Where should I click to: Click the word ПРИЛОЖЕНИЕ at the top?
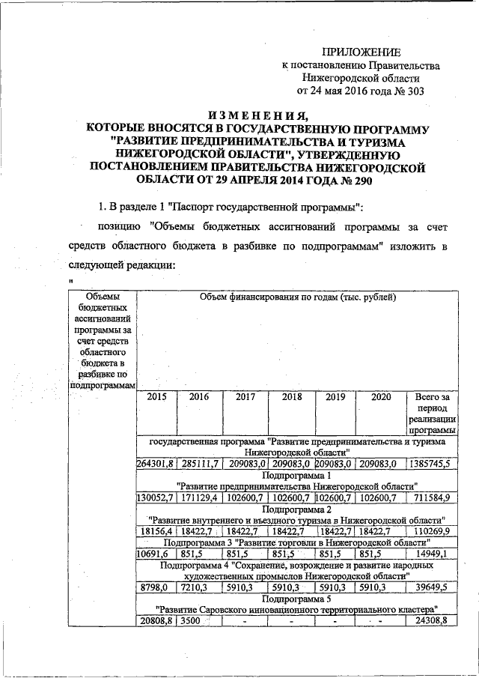point(361,52)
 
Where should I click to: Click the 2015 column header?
point(157,398)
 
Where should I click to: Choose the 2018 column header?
point(291,398)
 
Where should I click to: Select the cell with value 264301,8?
point(155,464)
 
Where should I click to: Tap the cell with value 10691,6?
point(155,554)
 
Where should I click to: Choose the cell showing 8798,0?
point(155,588)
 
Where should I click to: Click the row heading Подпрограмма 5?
point(296,599)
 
